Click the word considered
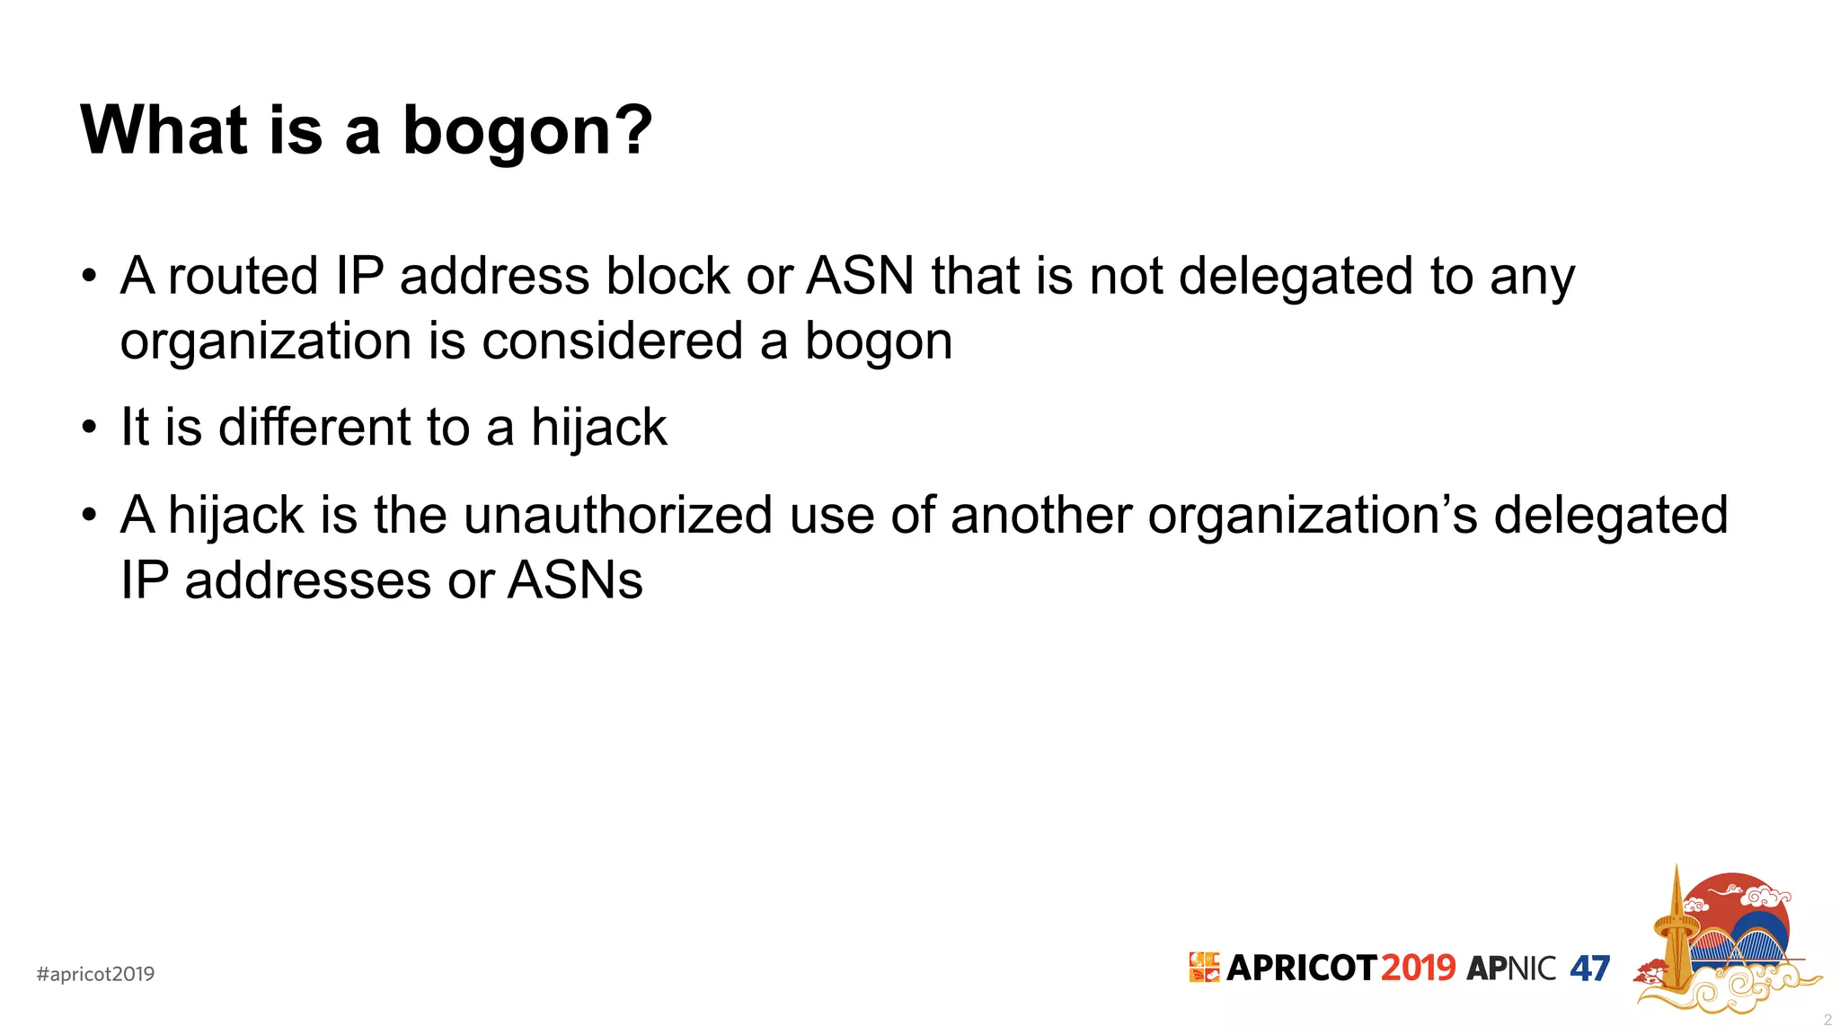[613, 341]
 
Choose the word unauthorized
[618, 515]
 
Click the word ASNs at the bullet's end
[575, 580]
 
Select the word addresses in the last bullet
[307, 580]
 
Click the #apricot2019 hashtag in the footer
[95, 974]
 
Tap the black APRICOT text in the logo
[1301, 968]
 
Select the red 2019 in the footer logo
[1418, 968]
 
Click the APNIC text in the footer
[1511, 968]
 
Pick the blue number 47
[1589, 968]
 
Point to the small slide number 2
[1827, 1020]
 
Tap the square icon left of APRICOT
[1204, 967]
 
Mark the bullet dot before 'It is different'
[88, 427]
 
